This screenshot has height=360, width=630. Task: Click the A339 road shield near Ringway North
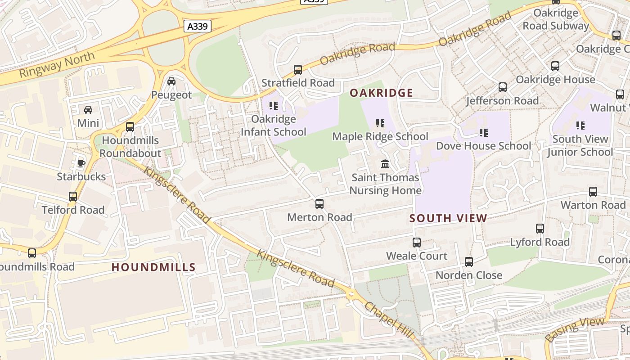tap(198, 27)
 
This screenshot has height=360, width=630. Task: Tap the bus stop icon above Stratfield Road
tap(297, 70)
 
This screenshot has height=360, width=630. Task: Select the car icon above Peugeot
tap(171, 81)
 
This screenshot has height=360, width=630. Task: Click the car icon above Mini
tap(88, 109)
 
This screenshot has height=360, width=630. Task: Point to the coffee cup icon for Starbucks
tap(81, 163)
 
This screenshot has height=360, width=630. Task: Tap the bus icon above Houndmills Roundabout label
tap(130, 127)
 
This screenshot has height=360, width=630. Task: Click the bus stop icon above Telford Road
tap(73, 197)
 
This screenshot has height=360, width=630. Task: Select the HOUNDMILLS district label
tap(153, 267)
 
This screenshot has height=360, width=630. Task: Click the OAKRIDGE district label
tap(381, 93)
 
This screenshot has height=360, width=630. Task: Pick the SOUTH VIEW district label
tap(448, 219)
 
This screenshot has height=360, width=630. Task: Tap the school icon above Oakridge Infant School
tap(273, 106)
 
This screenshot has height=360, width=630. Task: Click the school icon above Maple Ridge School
tap(380, 123)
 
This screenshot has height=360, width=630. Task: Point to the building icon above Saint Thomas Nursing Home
tap(385, 164)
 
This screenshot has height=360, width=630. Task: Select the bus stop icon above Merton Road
tap(319, 204)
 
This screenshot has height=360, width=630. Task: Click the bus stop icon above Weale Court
tap(417, 243)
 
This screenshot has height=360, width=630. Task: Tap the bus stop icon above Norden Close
tap(469, 261)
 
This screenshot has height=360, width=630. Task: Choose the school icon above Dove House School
tap(484, 132)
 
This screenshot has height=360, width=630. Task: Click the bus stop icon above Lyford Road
tap(540, 229)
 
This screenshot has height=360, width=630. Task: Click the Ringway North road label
tap(57, 65)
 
